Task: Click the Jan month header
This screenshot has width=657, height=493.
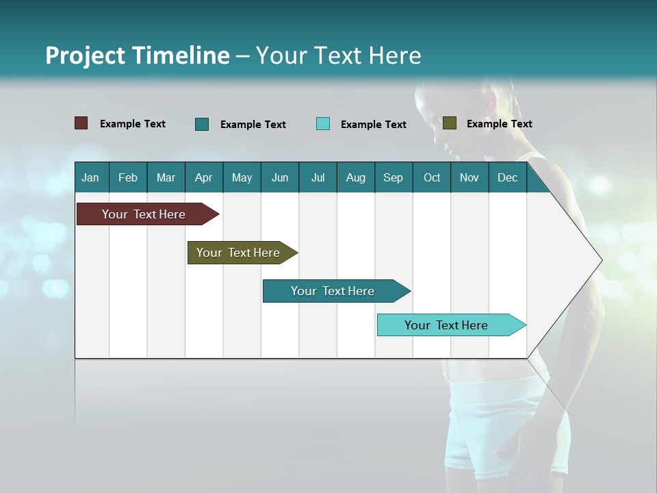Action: click(x=90, y=177)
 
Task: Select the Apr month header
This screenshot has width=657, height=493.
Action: click(x=203, y=177)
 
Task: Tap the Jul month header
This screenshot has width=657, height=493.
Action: click(x=318, y=177)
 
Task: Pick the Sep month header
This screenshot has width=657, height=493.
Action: click(x=393, y=177)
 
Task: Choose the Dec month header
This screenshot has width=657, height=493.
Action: click(x=507, y=177)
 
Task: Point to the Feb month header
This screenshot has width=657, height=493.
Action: click(x=128, y=177)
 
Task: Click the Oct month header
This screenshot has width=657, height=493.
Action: click(x=432, y=177)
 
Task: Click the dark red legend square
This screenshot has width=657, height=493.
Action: click(x=81, y=123)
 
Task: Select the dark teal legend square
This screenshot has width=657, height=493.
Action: click(x=202, y=124)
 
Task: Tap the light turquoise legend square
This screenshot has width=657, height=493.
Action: click(x=323, y=124)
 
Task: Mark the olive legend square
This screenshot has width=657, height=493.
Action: click(x=450, y=123)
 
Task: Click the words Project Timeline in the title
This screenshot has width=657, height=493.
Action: click(x=137, y=55)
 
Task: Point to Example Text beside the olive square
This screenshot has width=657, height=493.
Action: click(x=499, y=124)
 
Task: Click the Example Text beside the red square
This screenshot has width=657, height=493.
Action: click(x=132, y=124)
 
